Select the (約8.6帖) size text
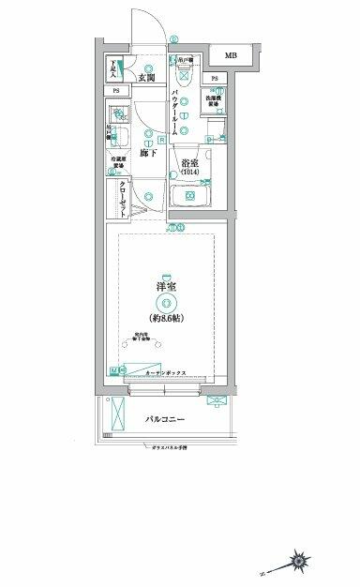coord(167,318)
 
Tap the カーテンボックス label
coord(167,372)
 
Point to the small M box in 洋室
coord(113,371)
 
